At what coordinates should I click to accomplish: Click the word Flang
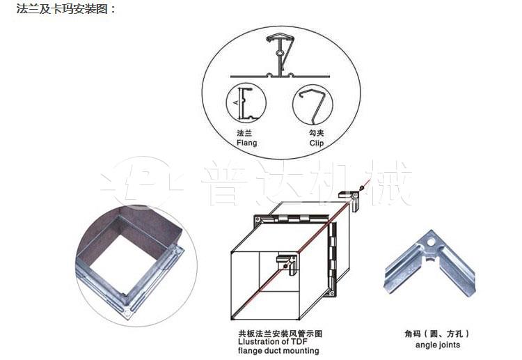(246, 143)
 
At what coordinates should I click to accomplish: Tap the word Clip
(317, 143)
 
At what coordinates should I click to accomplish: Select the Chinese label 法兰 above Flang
(244, 132)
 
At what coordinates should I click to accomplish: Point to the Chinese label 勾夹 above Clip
(316, 132)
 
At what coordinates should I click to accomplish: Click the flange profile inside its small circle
(246, 105)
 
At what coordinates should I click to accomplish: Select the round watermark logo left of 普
(140, 182)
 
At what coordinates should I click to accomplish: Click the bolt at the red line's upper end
(363, 186)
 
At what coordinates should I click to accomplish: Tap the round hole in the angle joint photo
(433, 244)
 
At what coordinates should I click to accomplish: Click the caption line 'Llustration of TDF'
(274, 342)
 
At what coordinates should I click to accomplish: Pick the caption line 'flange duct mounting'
(278, 351)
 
